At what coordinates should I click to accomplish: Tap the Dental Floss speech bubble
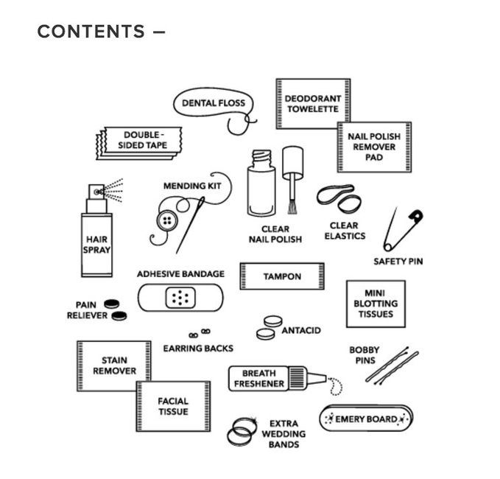(214, 104)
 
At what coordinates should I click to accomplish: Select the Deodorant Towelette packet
(312, 104)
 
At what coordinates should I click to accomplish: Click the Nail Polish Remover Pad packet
(374, 147)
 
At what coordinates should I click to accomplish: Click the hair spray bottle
(96, 239)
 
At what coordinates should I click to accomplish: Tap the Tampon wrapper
(282, 276)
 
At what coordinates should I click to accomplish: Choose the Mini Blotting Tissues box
(376, 303)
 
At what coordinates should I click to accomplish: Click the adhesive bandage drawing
(180, 297)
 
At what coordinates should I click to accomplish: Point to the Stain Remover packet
(114, 366)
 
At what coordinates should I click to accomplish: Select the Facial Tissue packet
(173, 406)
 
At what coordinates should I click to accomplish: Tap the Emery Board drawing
(366, 419)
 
